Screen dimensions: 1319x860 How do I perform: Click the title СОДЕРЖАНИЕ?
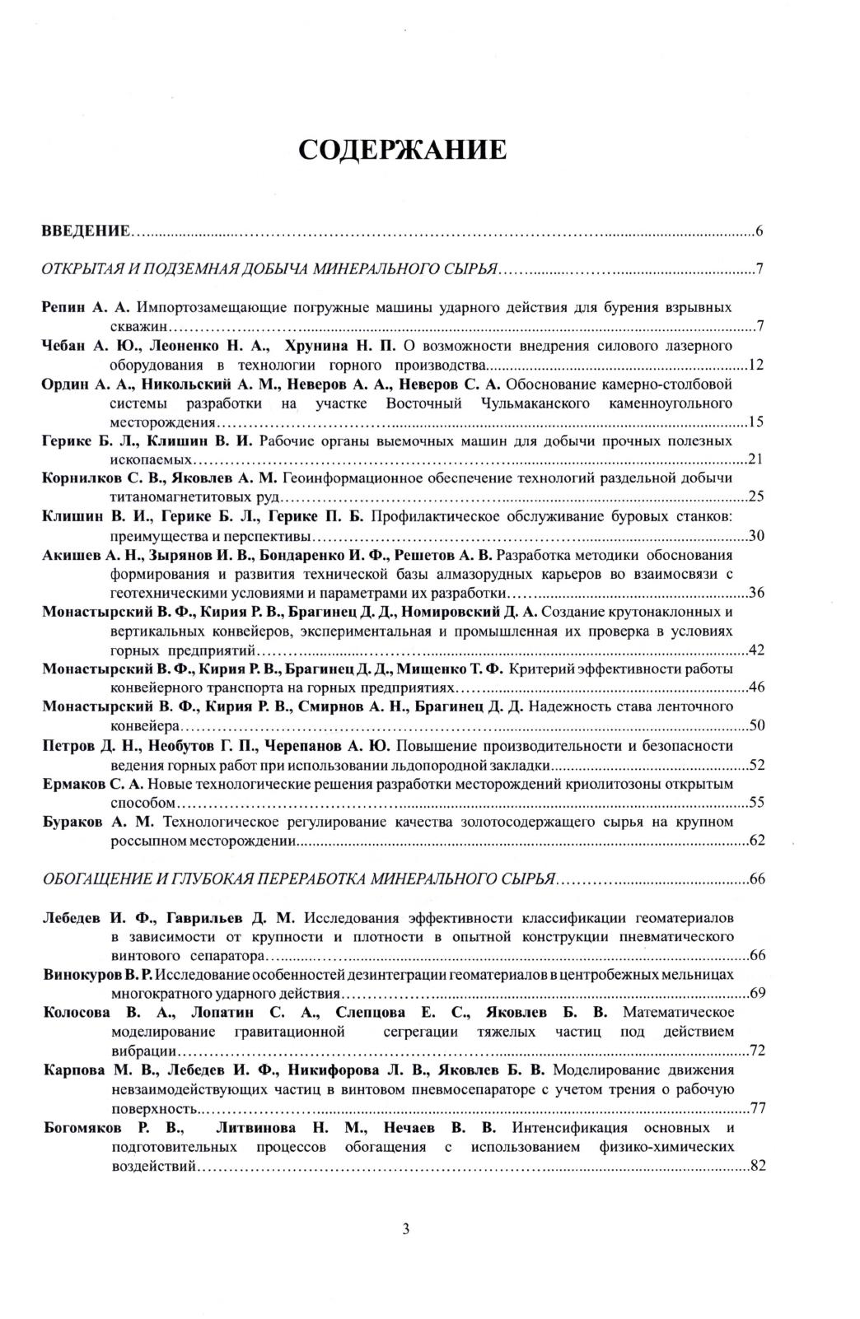click(x=401, y=151)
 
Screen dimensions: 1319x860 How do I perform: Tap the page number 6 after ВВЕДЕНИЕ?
click(x=759, y=231)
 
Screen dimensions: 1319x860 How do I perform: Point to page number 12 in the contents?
click(x=755, y=366)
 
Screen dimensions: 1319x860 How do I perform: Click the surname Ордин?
click(x=63, y=385)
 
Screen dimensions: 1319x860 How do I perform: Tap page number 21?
click(x=755, y=460)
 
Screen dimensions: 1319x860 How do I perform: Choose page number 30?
click(x=755, y=537)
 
